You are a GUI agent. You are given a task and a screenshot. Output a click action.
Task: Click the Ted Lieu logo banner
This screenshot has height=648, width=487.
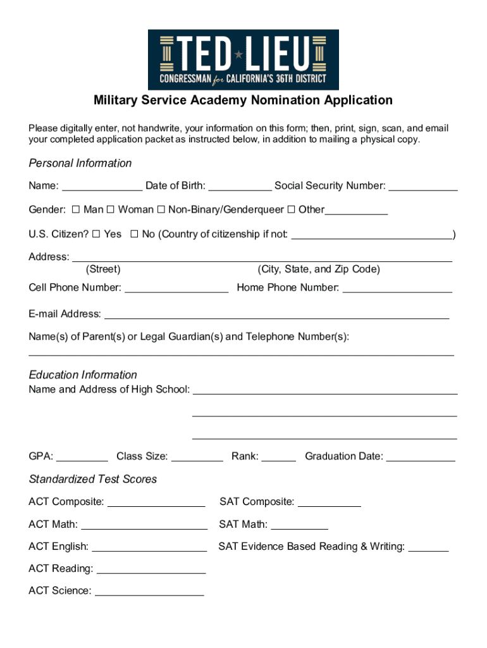[244, 59]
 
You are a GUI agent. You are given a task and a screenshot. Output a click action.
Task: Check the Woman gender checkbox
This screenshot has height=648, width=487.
[110, 209]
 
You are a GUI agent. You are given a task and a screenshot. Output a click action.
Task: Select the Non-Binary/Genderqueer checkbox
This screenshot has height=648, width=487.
[161, 209]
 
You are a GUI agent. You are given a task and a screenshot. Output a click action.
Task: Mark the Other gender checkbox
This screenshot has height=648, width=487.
[291, 209]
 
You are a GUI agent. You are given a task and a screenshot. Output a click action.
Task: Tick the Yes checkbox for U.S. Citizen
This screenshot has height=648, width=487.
[96, 234]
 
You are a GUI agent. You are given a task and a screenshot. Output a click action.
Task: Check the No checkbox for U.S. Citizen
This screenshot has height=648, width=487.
[134, 234]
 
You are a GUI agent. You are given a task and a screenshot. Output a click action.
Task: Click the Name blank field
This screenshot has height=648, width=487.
[102, 186]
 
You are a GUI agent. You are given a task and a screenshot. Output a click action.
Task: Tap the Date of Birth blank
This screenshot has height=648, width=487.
[240, 186]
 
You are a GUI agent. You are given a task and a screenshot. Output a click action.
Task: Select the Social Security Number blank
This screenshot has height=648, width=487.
[422, 186]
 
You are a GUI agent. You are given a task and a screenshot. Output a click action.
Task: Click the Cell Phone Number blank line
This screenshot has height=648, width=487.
[176, 288]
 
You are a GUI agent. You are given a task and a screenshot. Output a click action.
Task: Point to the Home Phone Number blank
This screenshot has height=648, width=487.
[397, 288]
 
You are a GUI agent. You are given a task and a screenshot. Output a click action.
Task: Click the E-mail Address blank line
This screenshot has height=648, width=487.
[276, 314]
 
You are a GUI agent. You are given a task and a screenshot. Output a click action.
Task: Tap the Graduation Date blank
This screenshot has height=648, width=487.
[420, 456]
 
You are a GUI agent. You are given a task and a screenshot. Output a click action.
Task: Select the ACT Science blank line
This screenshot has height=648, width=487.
[149, 591]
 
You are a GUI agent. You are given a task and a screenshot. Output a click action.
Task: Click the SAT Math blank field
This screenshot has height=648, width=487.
[299, 524]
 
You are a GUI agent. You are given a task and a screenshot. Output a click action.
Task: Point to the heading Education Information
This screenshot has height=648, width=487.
[83, 375]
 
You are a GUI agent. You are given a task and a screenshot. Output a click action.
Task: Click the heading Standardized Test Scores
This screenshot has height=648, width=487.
[92, 479]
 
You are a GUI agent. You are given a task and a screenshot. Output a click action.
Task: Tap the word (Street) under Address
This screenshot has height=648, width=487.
[103, 270]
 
